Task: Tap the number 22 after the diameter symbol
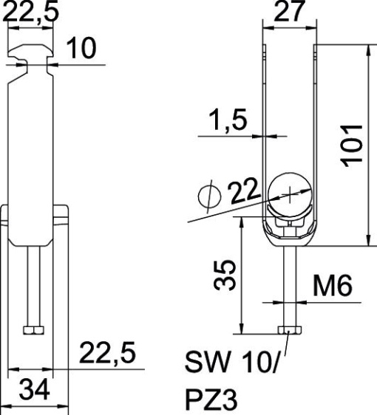[243, 191]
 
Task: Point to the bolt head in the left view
[33, 330]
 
